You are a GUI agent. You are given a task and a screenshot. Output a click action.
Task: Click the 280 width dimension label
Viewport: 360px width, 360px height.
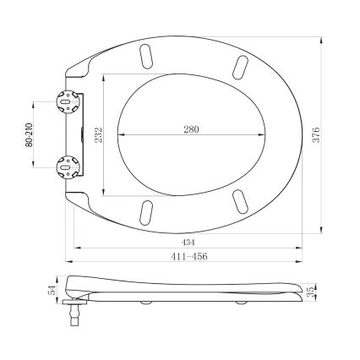[x=192, y=128]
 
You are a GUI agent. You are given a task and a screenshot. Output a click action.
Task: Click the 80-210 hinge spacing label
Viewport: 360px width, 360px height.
[x=28, y=135]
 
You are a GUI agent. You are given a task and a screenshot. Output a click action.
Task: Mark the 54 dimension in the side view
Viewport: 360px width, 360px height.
[x=51, y=290]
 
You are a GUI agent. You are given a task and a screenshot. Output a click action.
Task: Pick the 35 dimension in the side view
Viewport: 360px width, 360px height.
[x=314, y=292]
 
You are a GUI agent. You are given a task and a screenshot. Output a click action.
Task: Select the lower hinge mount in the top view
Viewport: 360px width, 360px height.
[x=64, y=167]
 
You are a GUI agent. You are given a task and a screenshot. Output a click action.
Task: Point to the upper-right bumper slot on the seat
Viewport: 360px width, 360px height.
[x=241, y=66]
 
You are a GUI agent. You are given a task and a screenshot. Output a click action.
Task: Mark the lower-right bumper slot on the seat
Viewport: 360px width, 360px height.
[x=241, y=202]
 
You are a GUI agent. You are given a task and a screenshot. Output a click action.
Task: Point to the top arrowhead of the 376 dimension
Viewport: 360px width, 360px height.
[x=325, y=38]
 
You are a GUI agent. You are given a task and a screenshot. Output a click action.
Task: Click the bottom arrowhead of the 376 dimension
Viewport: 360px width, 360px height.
[x=325, y=232]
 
